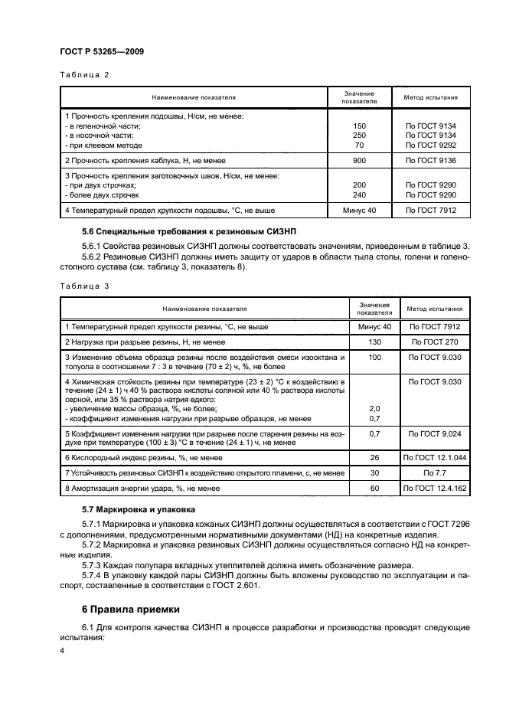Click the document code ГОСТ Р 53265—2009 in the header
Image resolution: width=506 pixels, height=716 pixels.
(x=102, y=51)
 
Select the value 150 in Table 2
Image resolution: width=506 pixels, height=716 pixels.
(x=359, y=126)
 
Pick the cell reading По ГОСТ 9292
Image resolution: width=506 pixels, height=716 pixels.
(x=430, y=145)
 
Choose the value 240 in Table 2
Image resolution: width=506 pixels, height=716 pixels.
(x=359, y=195)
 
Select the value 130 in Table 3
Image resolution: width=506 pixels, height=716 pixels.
(x=374, y=341)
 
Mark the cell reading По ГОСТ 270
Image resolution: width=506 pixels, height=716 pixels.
(x=439, y=341)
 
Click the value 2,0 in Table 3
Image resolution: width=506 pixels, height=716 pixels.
(x=374, y=409)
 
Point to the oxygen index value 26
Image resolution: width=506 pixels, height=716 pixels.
(x=374, y=457)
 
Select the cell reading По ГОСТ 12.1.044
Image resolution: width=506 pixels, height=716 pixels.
(x=439, y=457)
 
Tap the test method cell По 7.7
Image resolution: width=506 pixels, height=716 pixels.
(x=439, y=472)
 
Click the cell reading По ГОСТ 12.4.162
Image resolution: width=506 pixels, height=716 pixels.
(x=439, y=487)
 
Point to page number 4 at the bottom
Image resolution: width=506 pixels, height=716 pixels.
(x=62, y=650)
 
